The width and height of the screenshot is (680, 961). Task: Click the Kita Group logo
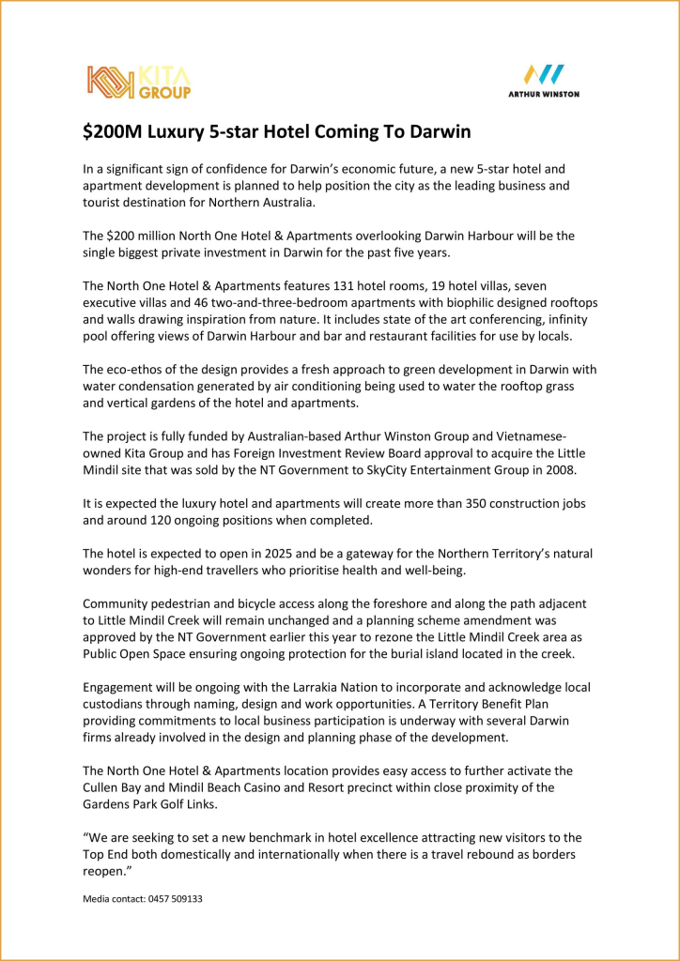click(139, 82)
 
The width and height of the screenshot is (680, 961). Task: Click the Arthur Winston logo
click(543, 81)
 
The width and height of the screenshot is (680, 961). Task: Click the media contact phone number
click(173, 898)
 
